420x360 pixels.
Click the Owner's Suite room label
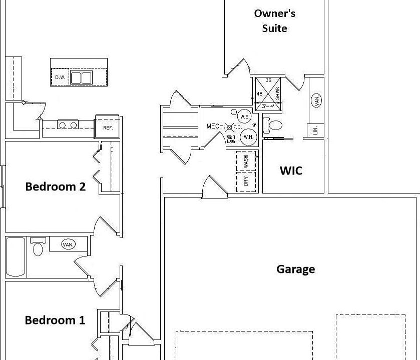click(274, 20)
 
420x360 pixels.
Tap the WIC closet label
click(291, 170)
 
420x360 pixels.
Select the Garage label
click(295, 269)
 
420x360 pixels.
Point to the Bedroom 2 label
click(55, 186)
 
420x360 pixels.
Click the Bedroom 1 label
click(55, 320)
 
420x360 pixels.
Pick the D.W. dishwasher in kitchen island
click(60, 77)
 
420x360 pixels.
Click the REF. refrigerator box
click(108, 127)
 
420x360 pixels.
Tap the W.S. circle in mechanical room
click(244, 116)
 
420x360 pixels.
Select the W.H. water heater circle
click(248, 136)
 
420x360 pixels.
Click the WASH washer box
click(246, 161)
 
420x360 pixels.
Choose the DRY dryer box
click(246, 181)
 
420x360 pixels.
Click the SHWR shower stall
click(269, 93)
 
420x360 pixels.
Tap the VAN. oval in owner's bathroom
click(316, 100)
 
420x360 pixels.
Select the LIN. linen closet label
click(315, 130)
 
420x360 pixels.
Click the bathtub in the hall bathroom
click(15, 256)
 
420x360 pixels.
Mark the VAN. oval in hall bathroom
click(68, 244)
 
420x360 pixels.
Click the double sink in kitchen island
click(81, 77)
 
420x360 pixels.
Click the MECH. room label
click(216, 126)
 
